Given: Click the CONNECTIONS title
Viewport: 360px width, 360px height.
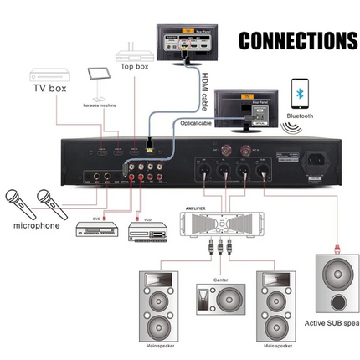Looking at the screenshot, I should tap(298, 41).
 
